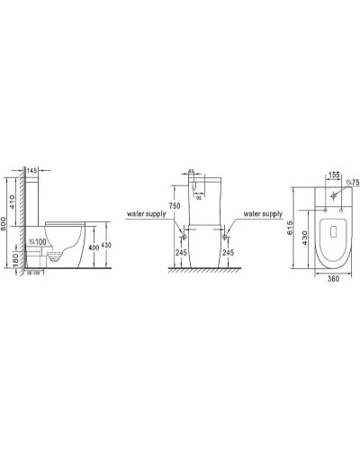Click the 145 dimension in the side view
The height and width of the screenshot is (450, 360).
coord(31,171)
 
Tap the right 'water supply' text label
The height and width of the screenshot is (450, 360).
coord(261,215)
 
